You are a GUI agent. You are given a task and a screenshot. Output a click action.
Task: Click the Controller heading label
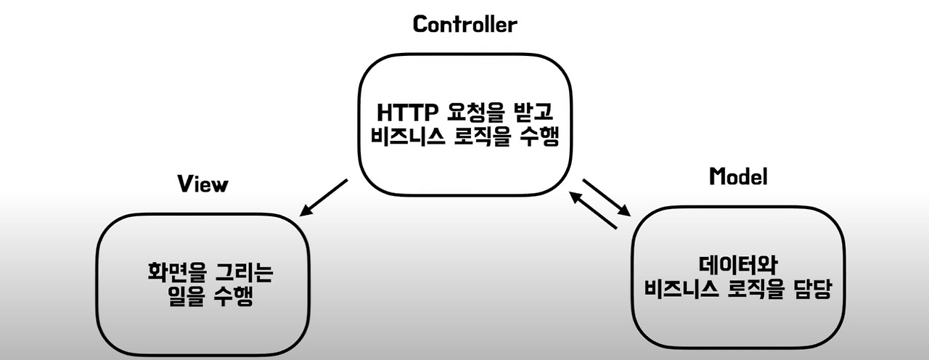tap(464, 25)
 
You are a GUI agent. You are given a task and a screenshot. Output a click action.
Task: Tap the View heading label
tap(202, 184)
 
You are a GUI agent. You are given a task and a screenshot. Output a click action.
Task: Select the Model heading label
tap(737, 176)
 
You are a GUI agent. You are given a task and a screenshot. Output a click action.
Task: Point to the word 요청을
tap(467, 113)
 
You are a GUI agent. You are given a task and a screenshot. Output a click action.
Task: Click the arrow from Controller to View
tap(324, 198)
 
